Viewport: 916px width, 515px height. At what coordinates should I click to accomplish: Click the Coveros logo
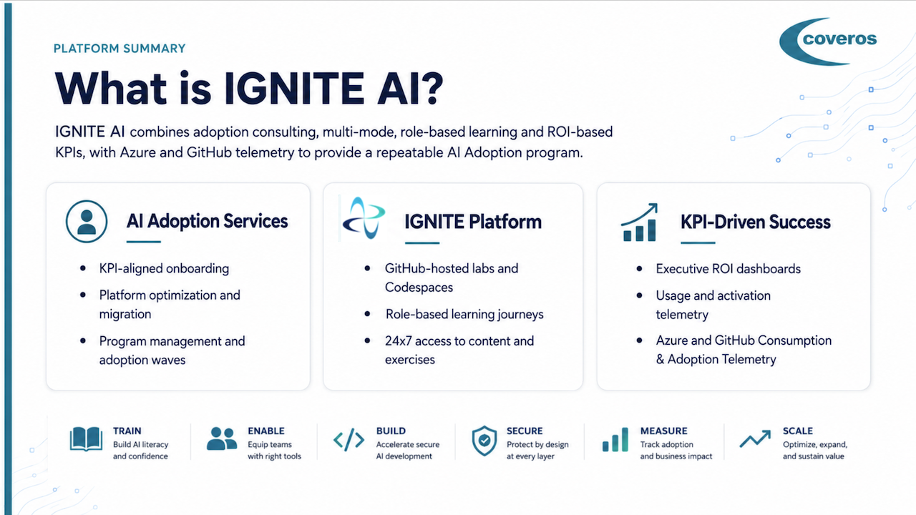(828, 41)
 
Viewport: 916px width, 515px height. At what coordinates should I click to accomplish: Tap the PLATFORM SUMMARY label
(120, 49)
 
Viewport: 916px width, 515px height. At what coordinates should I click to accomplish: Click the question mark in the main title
(431, 88)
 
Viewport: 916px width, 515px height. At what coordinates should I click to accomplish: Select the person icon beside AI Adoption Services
(87, 221)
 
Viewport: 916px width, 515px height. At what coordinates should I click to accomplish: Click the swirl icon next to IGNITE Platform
(364, 218)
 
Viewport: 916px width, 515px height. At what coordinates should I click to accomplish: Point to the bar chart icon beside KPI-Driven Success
(640, 222)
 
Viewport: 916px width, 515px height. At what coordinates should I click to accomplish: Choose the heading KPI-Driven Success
(755, 222)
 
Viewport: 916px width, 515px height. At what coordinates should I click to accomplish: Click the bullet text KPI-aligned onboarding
(164, 268)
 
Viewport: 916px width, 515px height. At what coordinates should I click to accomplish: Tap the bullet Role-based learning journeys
(464, 314)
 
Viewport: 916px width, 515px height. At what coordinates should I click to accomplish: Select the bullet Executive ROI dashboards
(729, 269)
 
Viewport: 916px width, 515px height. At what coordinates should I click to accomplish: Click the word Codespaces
(419, 288)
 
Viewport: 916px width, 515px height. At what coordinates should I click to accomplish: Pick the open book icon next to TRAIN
(86, 439)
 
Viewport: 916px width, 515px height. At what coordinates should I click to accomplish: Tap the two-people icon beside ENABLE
(222, 438)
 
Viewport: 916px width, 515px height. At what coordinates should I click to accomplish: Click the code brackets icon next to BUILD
(349, 440)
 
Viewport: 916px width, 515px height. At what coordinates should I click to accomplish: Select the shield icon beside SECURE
(484, 440)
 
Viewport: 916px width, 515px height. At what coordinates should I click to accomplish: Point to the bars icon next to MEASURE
(615, 439)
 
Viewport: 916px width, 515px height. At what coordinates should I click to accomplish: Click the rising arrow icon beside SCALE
(755, 438)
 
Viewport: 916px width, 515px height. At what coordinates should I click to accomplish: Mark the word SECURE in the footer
(525, 431)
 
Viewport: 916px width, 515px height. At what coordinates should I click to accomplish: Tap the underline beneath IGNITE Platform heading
(422, 242)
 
